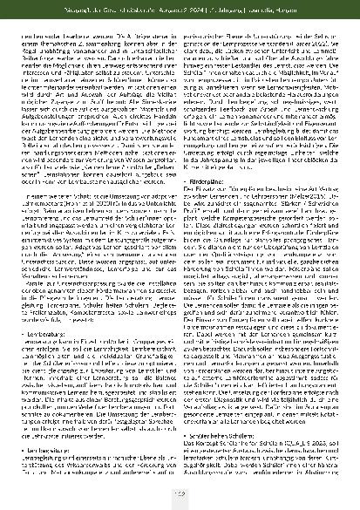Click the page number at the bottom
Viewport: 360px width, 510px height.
pyautogui.click(x=180, y=495)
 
